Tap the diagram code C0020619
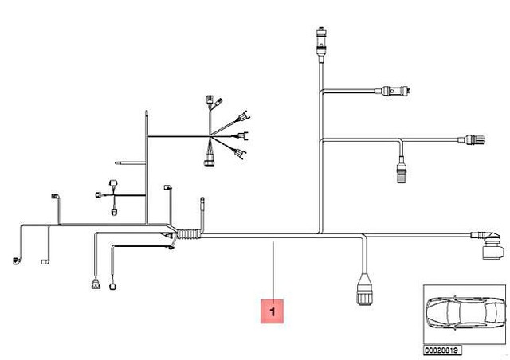tap(442, 349)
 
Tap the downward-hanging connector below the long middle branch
tap(401, 170)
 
